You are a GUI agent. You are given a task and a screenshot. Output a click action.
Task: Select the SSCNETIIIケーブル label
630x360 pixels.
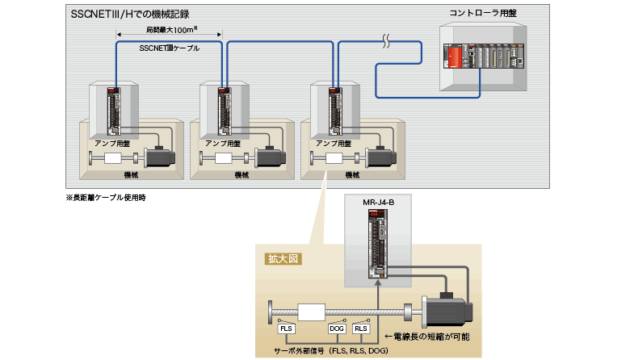[x=170, y=48]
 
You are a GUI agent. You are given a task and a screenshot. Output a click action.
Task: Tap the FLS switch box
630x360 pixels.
[x=286, y=329]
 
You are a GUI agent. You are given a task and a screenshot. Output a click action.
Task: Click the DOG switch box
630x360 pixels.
[x=337, y=329]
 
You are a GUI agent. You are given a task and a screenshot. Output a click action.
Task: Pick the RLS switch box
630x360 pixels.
[x=361, y=329]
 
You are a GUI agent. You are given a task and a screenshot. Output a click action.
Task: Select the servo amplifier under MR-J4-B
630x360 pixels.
[x=378, y=242]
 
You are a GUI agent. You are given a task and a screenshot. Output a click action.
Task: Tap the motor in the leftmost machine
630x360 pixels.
[x=162, y=157]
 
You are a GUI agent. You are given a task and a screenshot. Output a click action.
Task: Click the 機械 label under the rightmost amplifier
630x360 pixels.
[x=352, y=174]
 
